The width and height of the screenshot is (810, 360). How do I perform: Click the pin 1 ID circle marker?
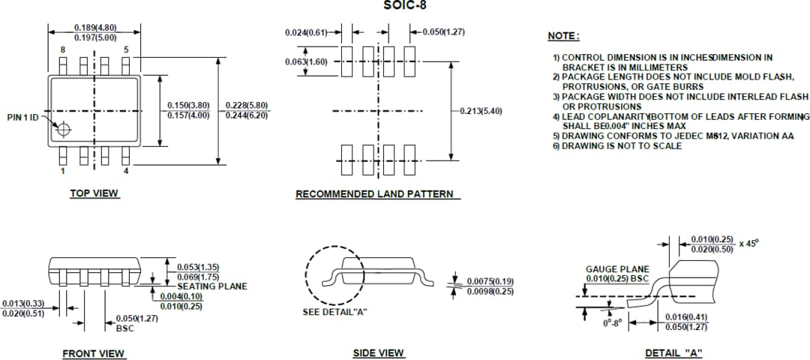tap(63, 130)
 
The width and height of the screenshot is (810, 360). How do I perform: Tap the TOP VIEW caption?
tap(94, 193)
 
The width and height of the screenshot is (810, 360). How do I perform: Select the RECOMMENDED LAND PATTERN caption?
tap(374, 194)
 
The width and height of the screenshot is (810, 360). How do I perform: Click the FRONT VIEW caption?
tap(94, 354)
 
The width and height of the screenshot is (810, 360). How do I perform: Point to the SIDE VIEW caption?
tap(378, 353)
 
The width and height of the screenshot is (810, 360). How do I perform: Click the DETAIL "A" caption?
tap(673, 353)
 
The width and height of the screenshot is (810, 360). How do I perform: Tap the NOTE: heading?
tap(563, 36)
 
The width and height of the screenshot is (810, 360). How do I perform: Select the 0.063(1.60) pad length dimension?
tap(306, 61)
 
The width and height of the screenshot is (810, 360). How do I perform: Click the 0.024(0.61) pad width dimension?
tap(306, 32)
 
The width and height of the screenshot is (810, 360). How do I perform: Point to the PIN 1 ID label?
tap(22, 118)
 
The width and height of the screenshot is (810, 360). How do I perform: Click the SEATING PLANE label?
tap(211, 286)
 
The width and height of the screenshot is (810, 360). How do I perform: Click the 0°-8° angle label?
tap(613, 323)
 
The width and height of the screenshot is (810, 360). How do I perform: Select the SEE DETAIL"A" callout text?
tap(334, 312)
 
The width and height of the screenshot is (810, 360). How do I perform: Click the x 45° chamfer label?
tap(748, 244)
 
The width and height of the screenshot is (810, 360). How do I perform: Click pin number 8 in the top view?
tap(63, 50)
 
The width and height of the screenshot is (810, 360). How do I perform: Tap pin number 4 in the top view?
tap(126, 170)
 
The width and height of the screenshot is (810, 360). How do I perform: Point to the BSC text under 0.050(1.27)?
tap(124, 328)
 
